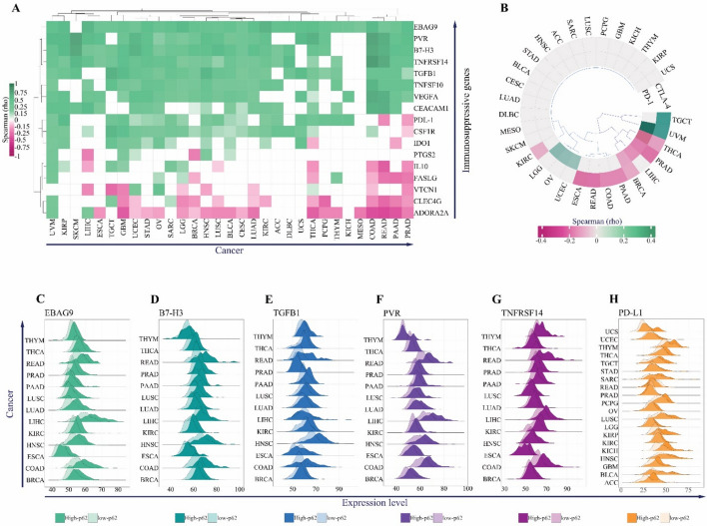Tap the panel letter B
pos(463,7)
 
